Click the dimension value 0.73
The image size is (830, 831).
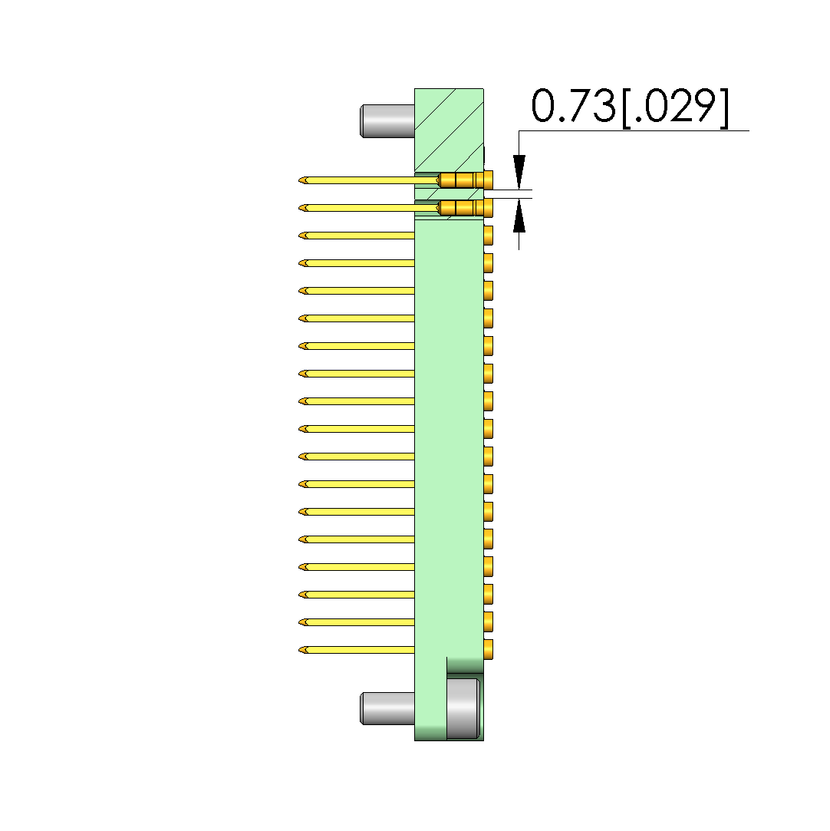click(574, 105)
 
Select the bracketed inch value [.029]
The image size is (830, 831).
click(675, 107)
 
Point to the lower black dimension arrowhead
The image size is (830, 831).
click(519, 216)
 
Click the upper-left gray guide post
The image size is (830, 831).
click(387, 120)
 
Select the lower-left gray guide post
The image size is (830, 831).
click(387, 708)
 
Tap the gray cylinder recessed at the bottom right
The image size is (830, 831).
click(463, 708)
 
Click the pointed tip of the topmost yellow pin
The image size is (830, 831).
click(299, 181)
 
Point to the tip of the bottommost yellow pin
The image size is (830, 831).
click(299, 650)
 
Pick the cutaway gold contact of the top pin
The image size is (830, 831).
click(460, 180)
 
